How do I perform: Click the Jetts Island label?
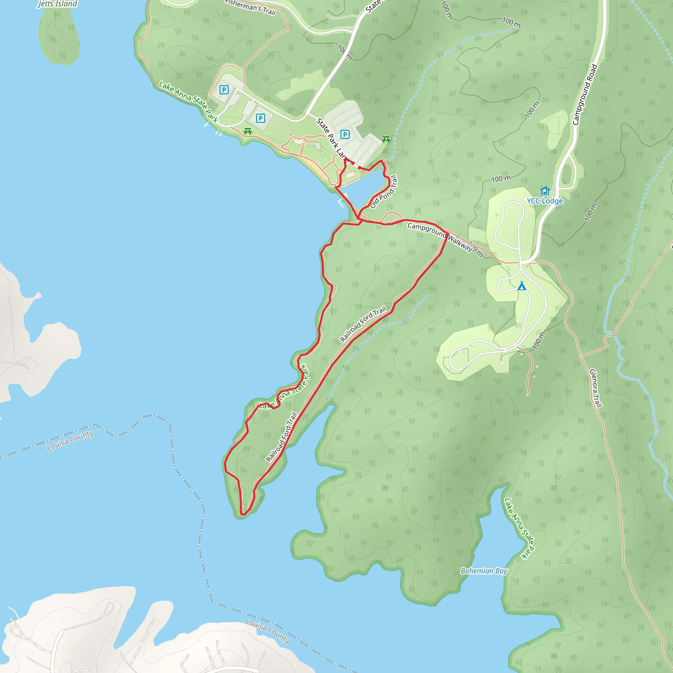pos(58,4)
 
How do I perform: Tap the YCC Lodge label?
pos(545,201)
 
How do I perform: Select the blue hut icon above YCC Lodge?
pos(545,191)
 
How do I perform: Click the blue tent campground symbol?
pos(522,286)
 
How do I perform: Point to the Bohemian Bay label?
pos(484,571)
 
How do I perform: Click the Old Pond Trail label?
pos(383,192)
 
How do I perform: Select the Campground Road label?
pos(585,95)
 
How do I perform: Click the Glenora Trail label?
pos(596,388)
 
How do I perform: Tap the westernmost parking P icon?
pos(224,90)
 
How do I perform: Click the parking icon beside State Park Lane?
pos(345,134)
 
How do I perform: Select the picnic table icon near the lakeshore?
pos(248,131)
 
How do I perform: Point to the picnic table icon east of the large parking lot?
pos(385,139)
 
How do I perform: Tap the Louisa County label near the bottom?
pos(267,631)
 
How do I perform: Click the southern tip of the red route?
pos(243,514)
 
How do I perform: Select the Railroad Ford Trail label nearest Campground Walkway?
pos(363,324)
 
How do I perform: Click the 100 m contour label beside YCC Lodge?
pos(501,179)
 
